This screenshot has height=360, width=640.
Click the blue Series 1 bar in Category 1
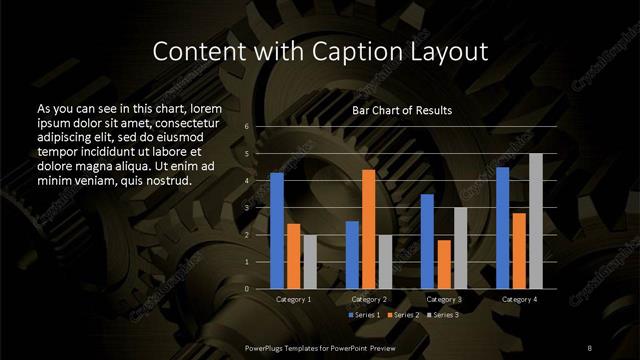tap(277, 231)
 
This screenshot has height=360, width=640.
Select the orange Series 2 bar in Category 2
tap(369, 229)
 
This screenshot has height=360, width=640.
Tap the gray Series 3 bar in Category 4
tap(535, 221)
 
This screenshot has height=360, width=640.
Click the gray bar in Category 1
tap(310, 262)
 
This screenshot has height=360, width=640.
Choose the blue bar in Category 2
tap(352, 255)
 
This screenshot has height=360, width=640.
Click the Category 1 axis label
tap(294, 299)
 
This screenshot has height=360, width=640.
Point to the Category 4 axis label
tap(519, 299)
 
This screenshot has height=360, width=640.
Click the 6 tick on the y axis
tap(246, 127)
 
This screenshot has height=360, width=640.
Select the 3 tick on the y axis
tap(246, 208)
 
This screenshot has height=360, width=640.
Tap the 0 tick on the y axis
tap(246, 289)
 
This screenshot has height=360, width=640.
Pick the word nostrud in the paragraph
tap(164, 180)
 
